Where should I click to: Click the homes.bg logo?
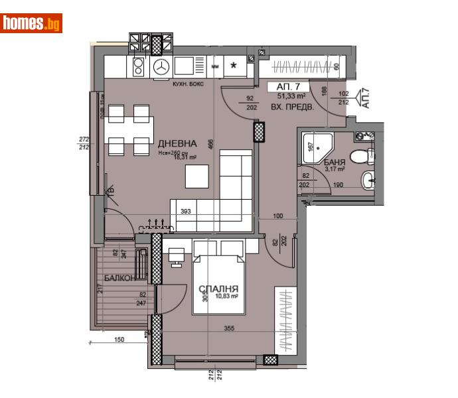(32, 23)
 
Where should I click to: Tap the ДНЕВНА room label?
(177, 143)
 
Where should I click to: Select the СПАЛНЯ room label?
(219, 289)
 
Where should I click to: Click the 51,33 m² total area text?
(290, 96)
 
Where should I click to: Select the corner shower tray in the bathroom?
(314, 146)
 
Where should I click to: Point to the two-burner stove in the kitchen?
(139, 66)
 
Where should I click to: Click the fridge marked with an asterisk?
(234, 66)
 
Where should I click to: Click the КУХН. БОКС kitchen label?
(189, 84)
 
